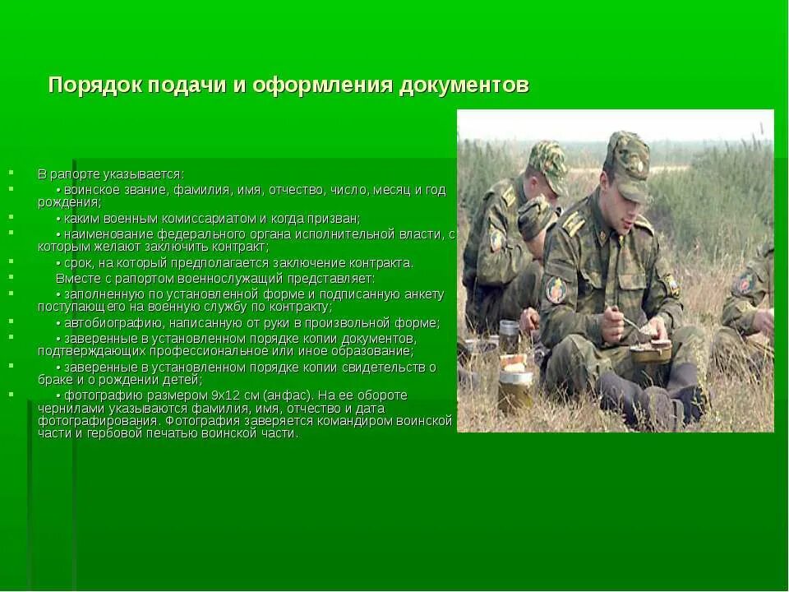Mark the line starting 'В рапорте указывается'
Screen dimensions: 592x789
(111, 174)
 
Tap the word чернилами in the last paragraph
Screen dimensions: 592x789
(66, 408)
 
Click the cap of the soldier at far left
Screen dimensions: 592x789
(548, 161)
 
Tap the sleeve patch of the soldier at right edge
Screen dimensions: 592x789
(745, 283)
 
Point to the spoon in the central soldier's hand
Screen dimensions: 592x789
(629, 323)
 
